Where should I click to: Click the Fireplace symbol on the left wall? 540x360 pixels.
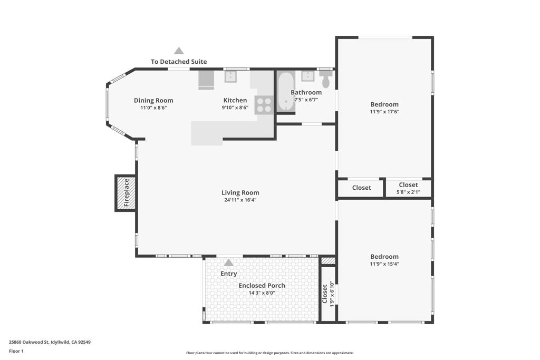click(x=126, y=193)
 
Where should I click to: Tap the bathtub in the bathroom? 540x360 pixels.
click(x=286, y=91)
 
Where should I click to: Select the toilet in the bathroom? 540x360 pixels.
click(x=326, y=81)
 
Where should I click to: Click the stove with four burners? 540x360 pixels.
click(x=264, y=105)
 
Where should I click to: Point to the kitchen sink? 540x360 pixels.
click(x=231, y=77)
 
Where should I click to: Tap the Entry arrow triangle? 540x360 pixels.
click(x=228, y=262)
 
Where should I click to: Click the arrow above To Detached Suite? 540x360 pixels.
click(x=179, y=51)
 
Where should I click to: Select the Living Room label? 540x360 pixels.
click(x=240, y=193)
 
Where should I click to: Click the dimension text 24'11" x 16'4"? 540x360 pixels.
click(x=240, y=200)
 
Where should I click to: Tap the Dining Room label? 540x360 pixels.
click(x=153, y=100)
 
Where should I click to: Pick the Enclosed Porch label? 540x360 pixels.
click(x=262, y=286)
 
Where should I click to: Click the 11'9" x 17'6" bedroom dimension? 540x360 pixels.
click(x=384, y=112)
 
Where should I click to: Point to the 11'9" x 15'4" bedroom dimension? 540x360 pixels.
click(x=384, y=264)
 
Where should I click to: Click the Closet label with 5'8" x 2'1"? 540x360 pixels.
click(x=408, y=185)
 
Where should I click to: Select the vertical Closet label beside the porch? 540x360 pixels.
click(x=325, y=294)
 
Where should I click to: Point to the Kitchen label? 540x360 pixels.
click(x=235, y=100)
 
